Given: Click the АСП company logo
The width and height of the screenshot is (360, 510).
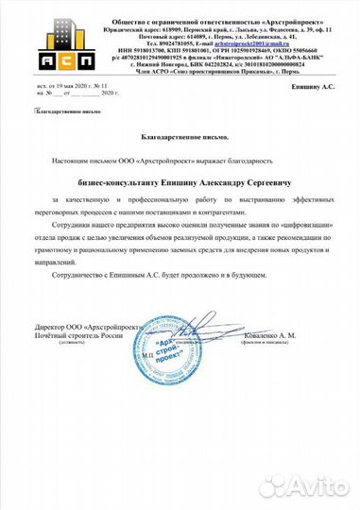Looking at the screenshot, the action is pos(49,42).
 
